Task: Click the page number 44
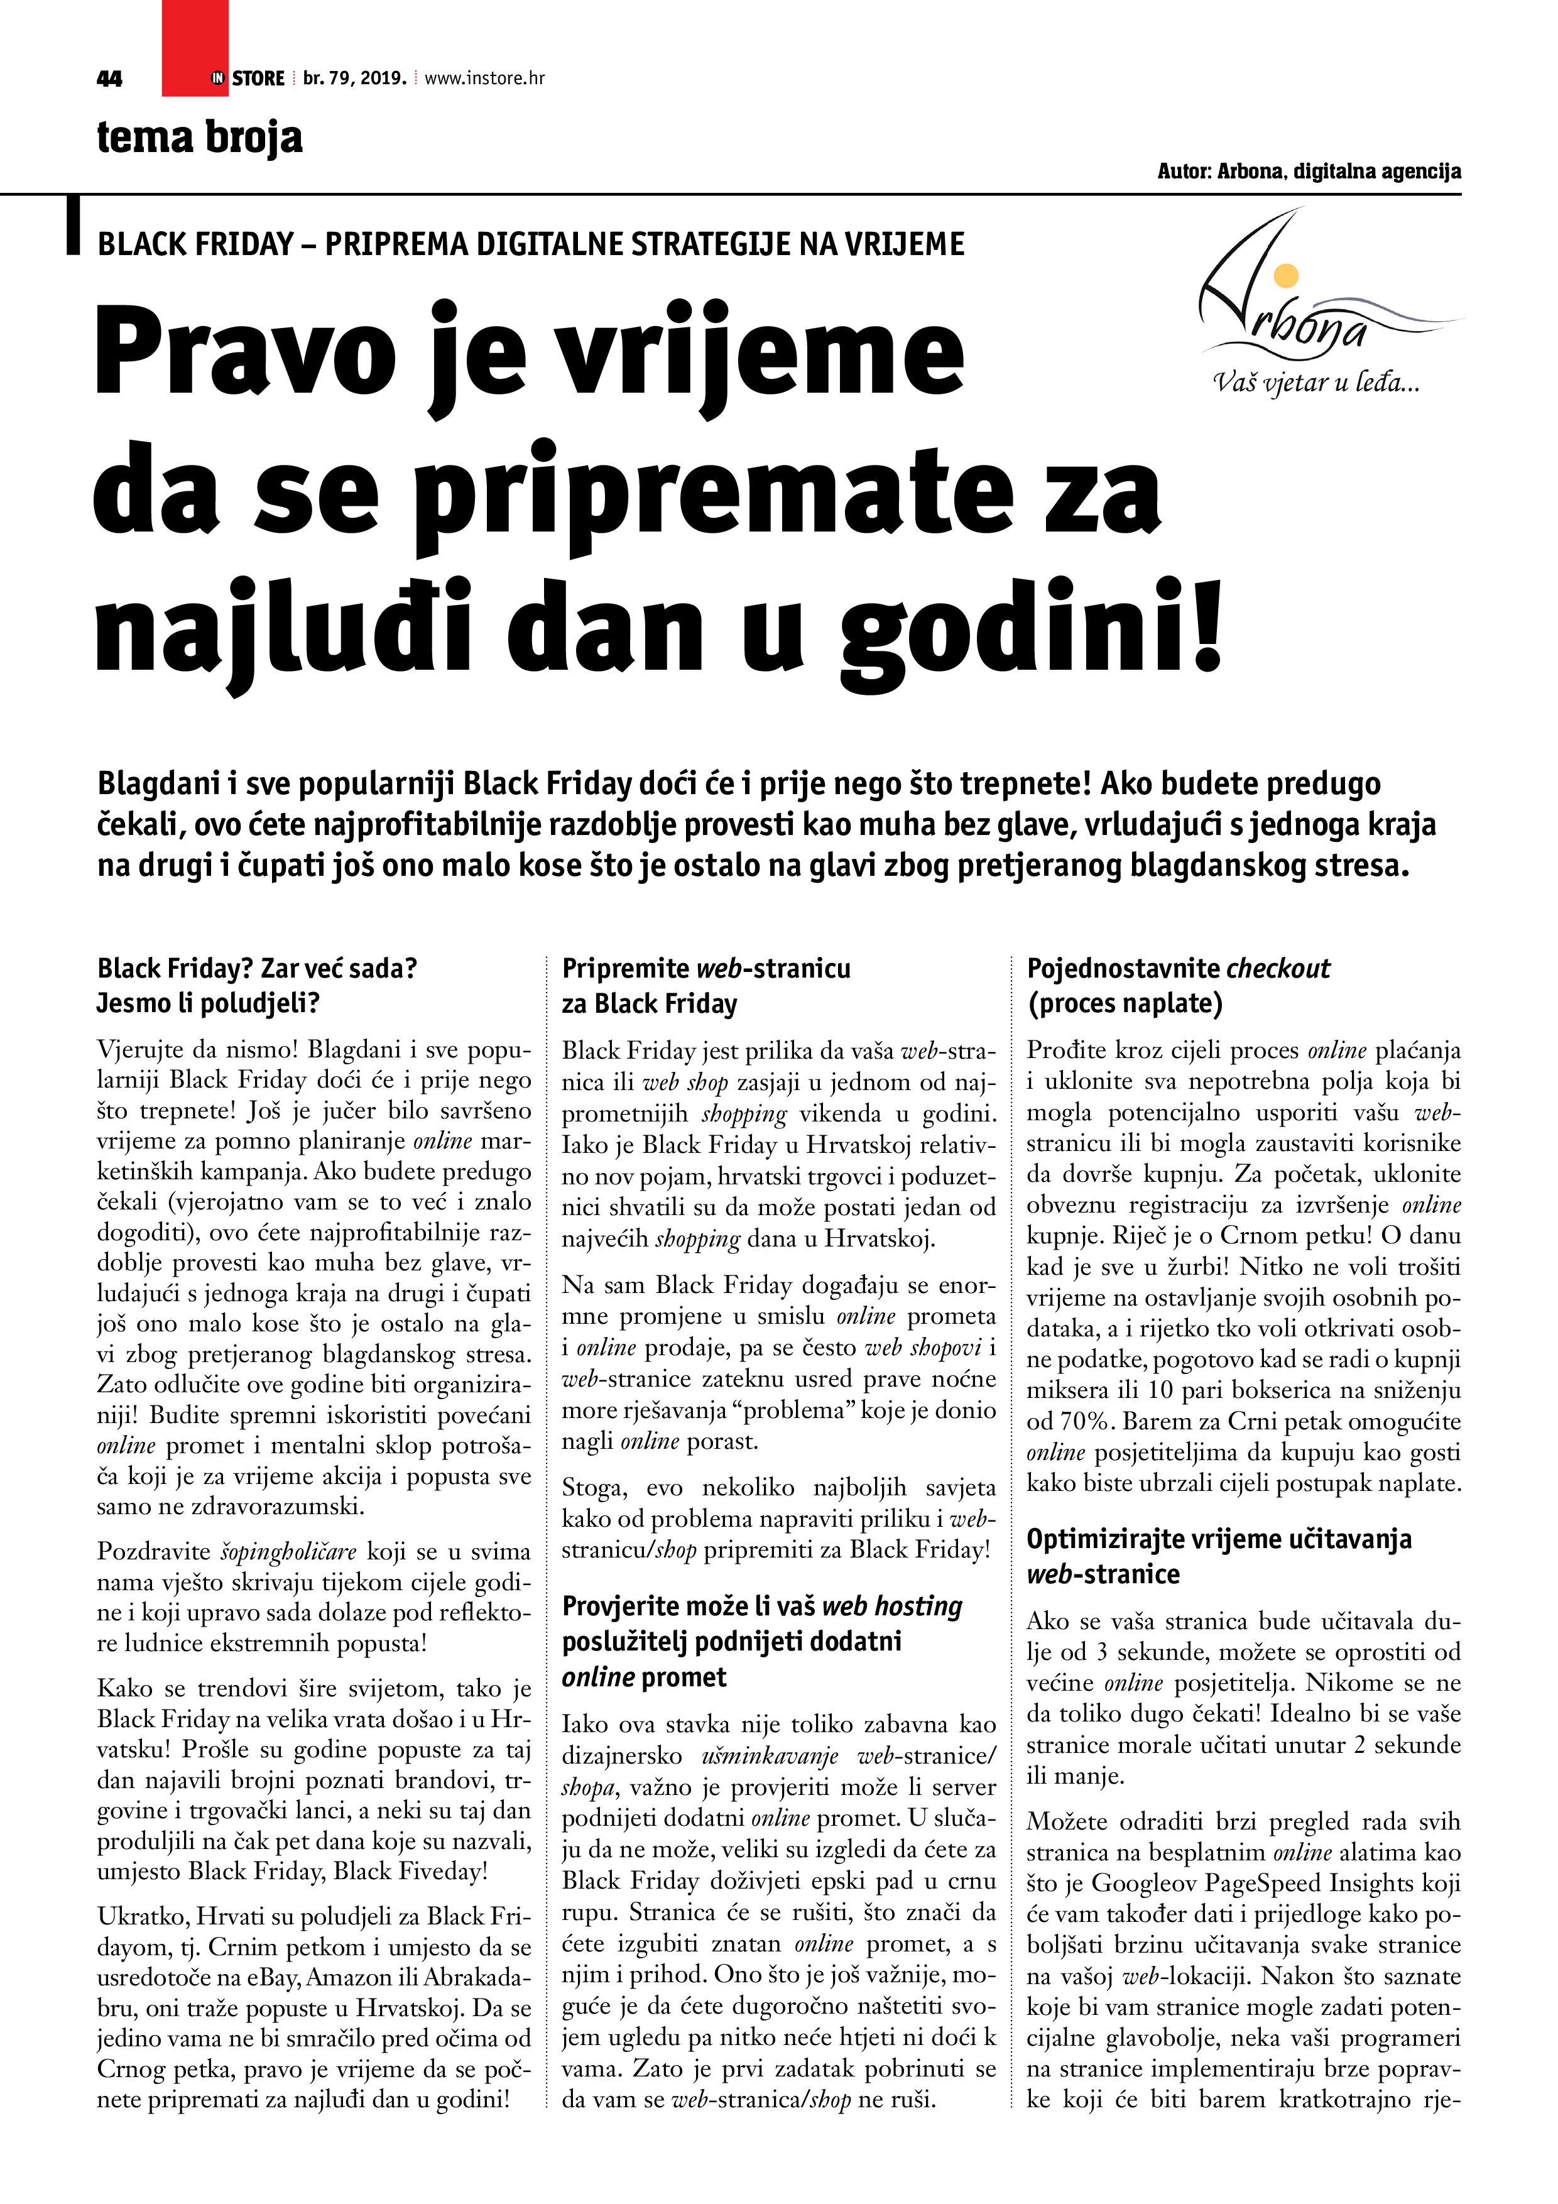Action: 109,79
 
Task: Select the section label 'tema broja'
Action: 200,137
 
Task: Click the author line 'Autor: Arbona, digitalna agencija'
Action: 1309,172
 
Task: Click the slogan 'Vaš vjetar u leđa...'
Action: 1315,383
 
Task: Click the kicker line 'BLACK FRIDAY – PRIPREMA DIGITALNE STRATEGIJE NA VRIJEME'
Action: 531,245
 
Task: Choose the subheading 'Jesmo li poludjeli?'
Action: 209,1004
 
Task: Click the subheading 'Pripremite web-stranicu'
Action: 705,969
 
